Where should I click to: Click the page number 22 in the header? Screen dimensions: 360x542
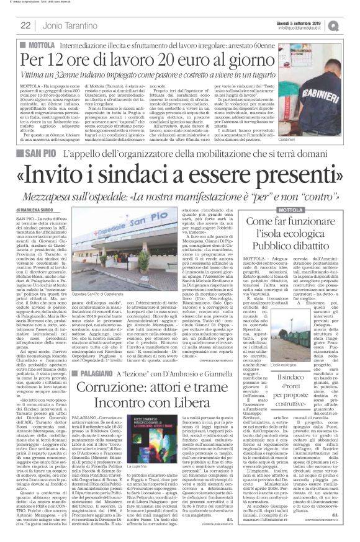click(x=26, y=25)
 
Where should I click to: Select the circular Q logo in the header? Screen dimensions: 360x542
click(x=350, y=25)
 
